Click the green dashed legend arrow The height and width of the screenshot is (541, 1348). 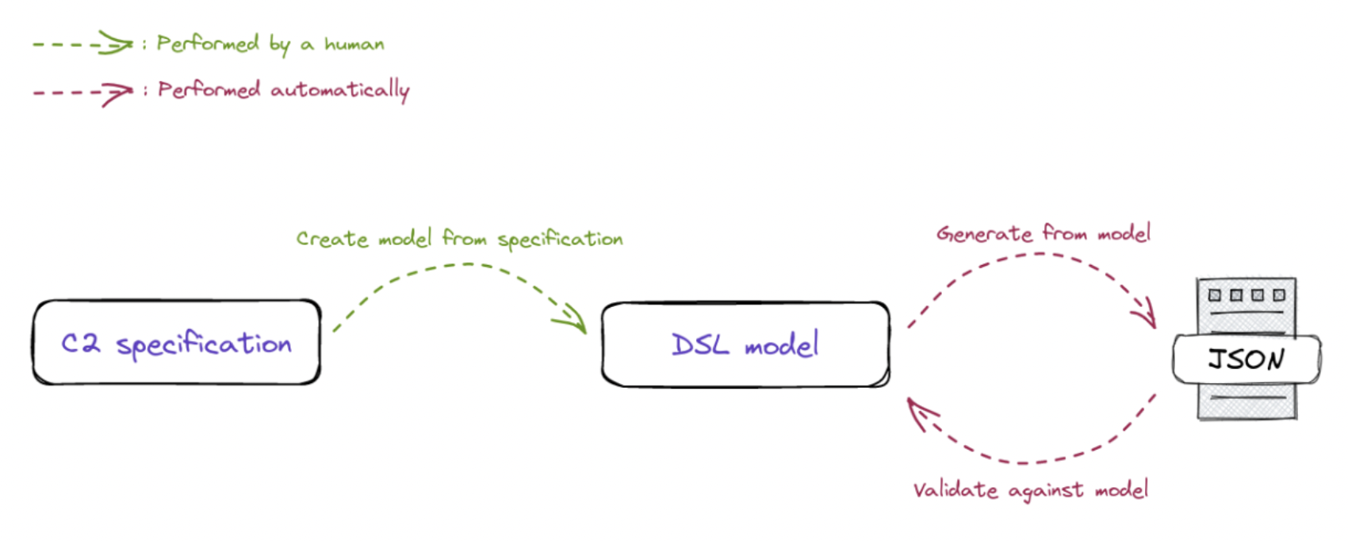(82, 44)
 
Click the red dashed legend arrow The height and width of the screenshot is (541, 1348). (82, 92)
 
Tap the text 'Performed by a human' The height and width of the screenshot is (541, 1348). (270, 44)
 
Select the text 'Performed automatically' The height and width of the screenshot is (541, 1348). (283, 90)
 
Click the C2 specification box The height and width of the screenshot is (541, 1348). (177, 343)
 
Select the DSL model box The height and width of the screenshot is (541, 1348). (745, 344)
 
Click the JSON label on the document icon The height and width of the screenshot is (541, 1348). (1246, 359)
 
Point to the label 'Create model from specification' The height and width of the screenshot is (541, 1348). (460, 239)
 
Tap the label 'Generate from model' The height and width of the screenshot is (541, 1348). (1043, 233)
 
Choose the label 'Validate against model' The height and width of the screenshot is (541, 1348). (1030, 490)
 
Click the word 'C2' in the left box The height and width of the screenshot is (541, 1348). (81, 343)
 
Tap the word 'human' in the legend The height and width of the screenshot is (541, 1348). (354, 44)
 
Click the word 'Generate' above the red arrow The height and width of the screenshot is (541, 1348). (984, 234)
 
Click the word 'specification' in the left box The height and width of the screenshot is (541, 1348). (204, 344)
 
